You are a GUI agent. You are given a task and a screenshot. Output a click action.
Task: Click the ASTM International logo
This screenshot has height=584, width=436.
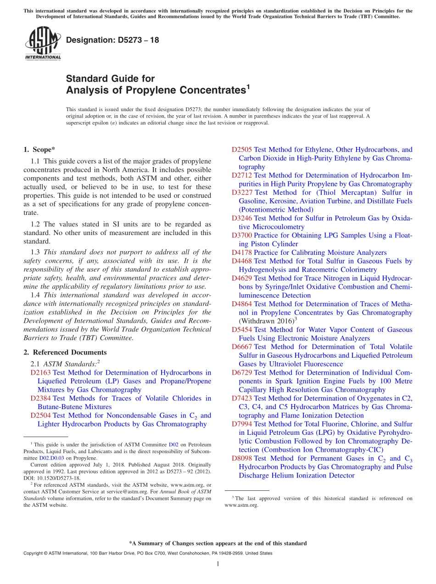pos(43,43)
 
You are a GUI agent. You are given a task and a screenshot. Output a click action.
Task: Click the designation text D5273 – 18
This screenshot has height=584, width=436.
pos(112,40)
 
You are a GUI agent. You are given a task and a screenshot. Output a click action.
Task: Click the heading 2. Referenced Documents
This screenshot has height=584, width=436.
pos(65,352)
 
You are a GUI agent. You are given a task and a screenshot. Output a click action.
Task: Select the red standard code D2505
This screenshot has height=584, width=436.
pos(241,150)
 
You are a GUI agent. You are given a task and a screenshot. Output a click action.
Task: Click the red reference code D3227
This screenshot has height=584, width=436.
pos(241,192)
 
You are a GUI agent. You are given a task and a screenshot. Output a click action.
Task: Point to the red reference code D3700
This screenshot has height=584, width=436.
pos(241,236)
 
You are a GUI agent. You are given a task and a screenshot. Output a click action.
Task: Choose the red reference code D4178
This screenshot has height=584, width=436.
pos(241,253)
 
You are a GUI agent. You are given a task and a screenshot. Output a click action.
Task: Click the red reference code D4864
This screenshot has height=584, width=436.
pos(241,304)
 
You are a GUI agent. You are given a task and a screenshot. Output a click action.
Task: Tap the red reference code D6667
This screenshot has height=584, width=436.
pos(241,347)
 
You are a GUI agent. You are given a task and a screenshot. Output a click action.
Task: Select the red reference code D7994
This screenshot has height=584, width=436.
pos(241,424)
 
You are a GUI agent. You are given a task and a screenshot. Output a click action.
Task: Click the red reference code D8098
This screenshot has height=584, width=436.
pos(241,458)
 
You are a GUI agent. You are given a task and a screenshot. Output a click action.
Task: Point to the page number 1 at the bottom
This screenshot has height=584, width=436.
pos(218,564)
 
